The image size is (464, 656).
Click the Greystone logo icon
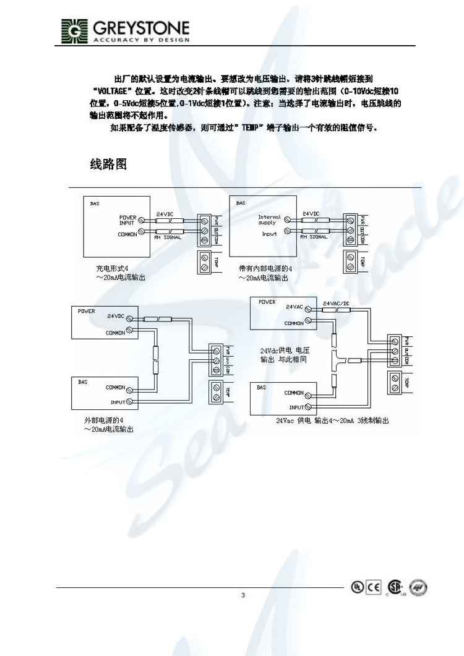[75, 31]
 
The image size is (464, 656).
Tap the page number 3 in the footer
[243, 595]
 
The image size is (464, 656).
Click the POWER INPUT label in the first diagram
[127, 219]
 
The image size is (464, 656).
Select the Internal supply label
[269, 219]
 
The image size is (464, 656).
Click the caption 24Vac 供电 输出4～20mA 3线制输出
[332, 420]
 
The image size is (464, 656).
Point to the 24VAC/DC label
[338, 304]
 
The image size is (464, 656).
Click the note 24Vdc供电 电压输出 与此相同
[284, 354]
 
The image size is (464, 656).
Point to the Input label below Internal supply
[269, 234]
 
